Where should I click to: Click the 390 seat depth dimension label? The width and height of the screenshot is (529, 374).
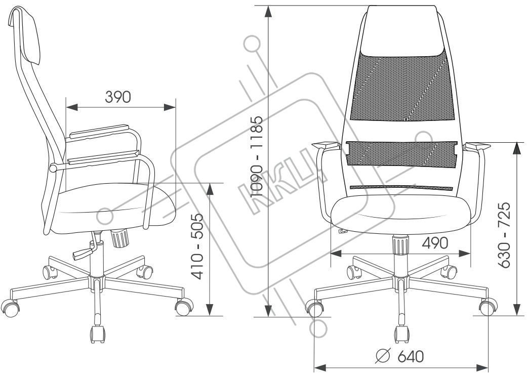(118, 97)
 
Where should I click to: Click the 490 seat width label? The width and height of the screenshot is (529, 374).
(435, 243)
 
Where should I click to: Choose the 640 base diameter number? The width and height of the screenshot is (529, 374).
(410, 356)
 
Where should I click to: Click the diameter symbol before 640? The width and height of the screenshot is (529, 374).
(383, 356)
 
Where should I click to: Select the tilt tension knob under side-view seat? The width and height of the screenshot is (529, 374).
(120, 237)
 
